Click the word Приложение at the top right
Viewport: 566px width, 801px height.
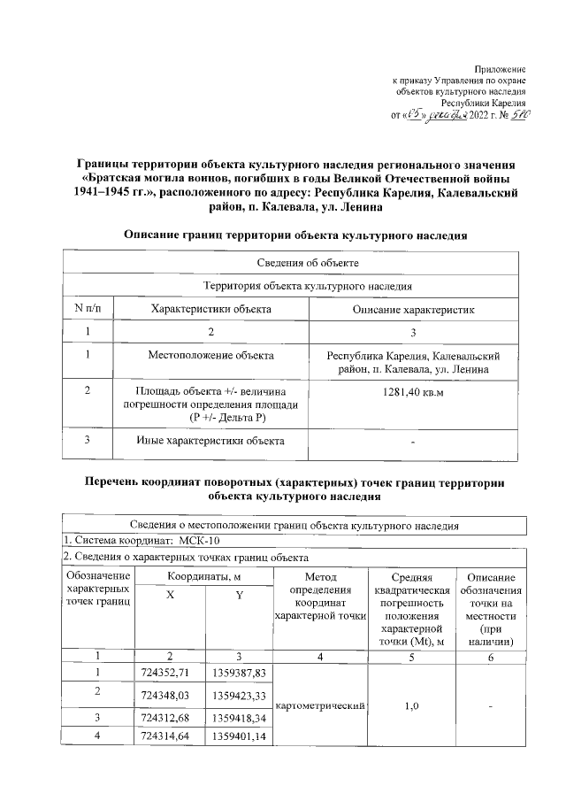[501, 68]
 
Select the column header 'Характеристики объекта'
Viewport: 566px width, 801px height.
[211, 310]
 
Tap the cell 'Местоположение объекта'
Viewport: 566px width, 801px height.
[211, 355]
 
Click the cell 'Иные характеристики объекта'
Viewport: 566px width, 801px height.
[211, 440]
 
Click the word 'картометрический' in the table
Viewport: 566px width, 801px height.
[320, 705]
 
